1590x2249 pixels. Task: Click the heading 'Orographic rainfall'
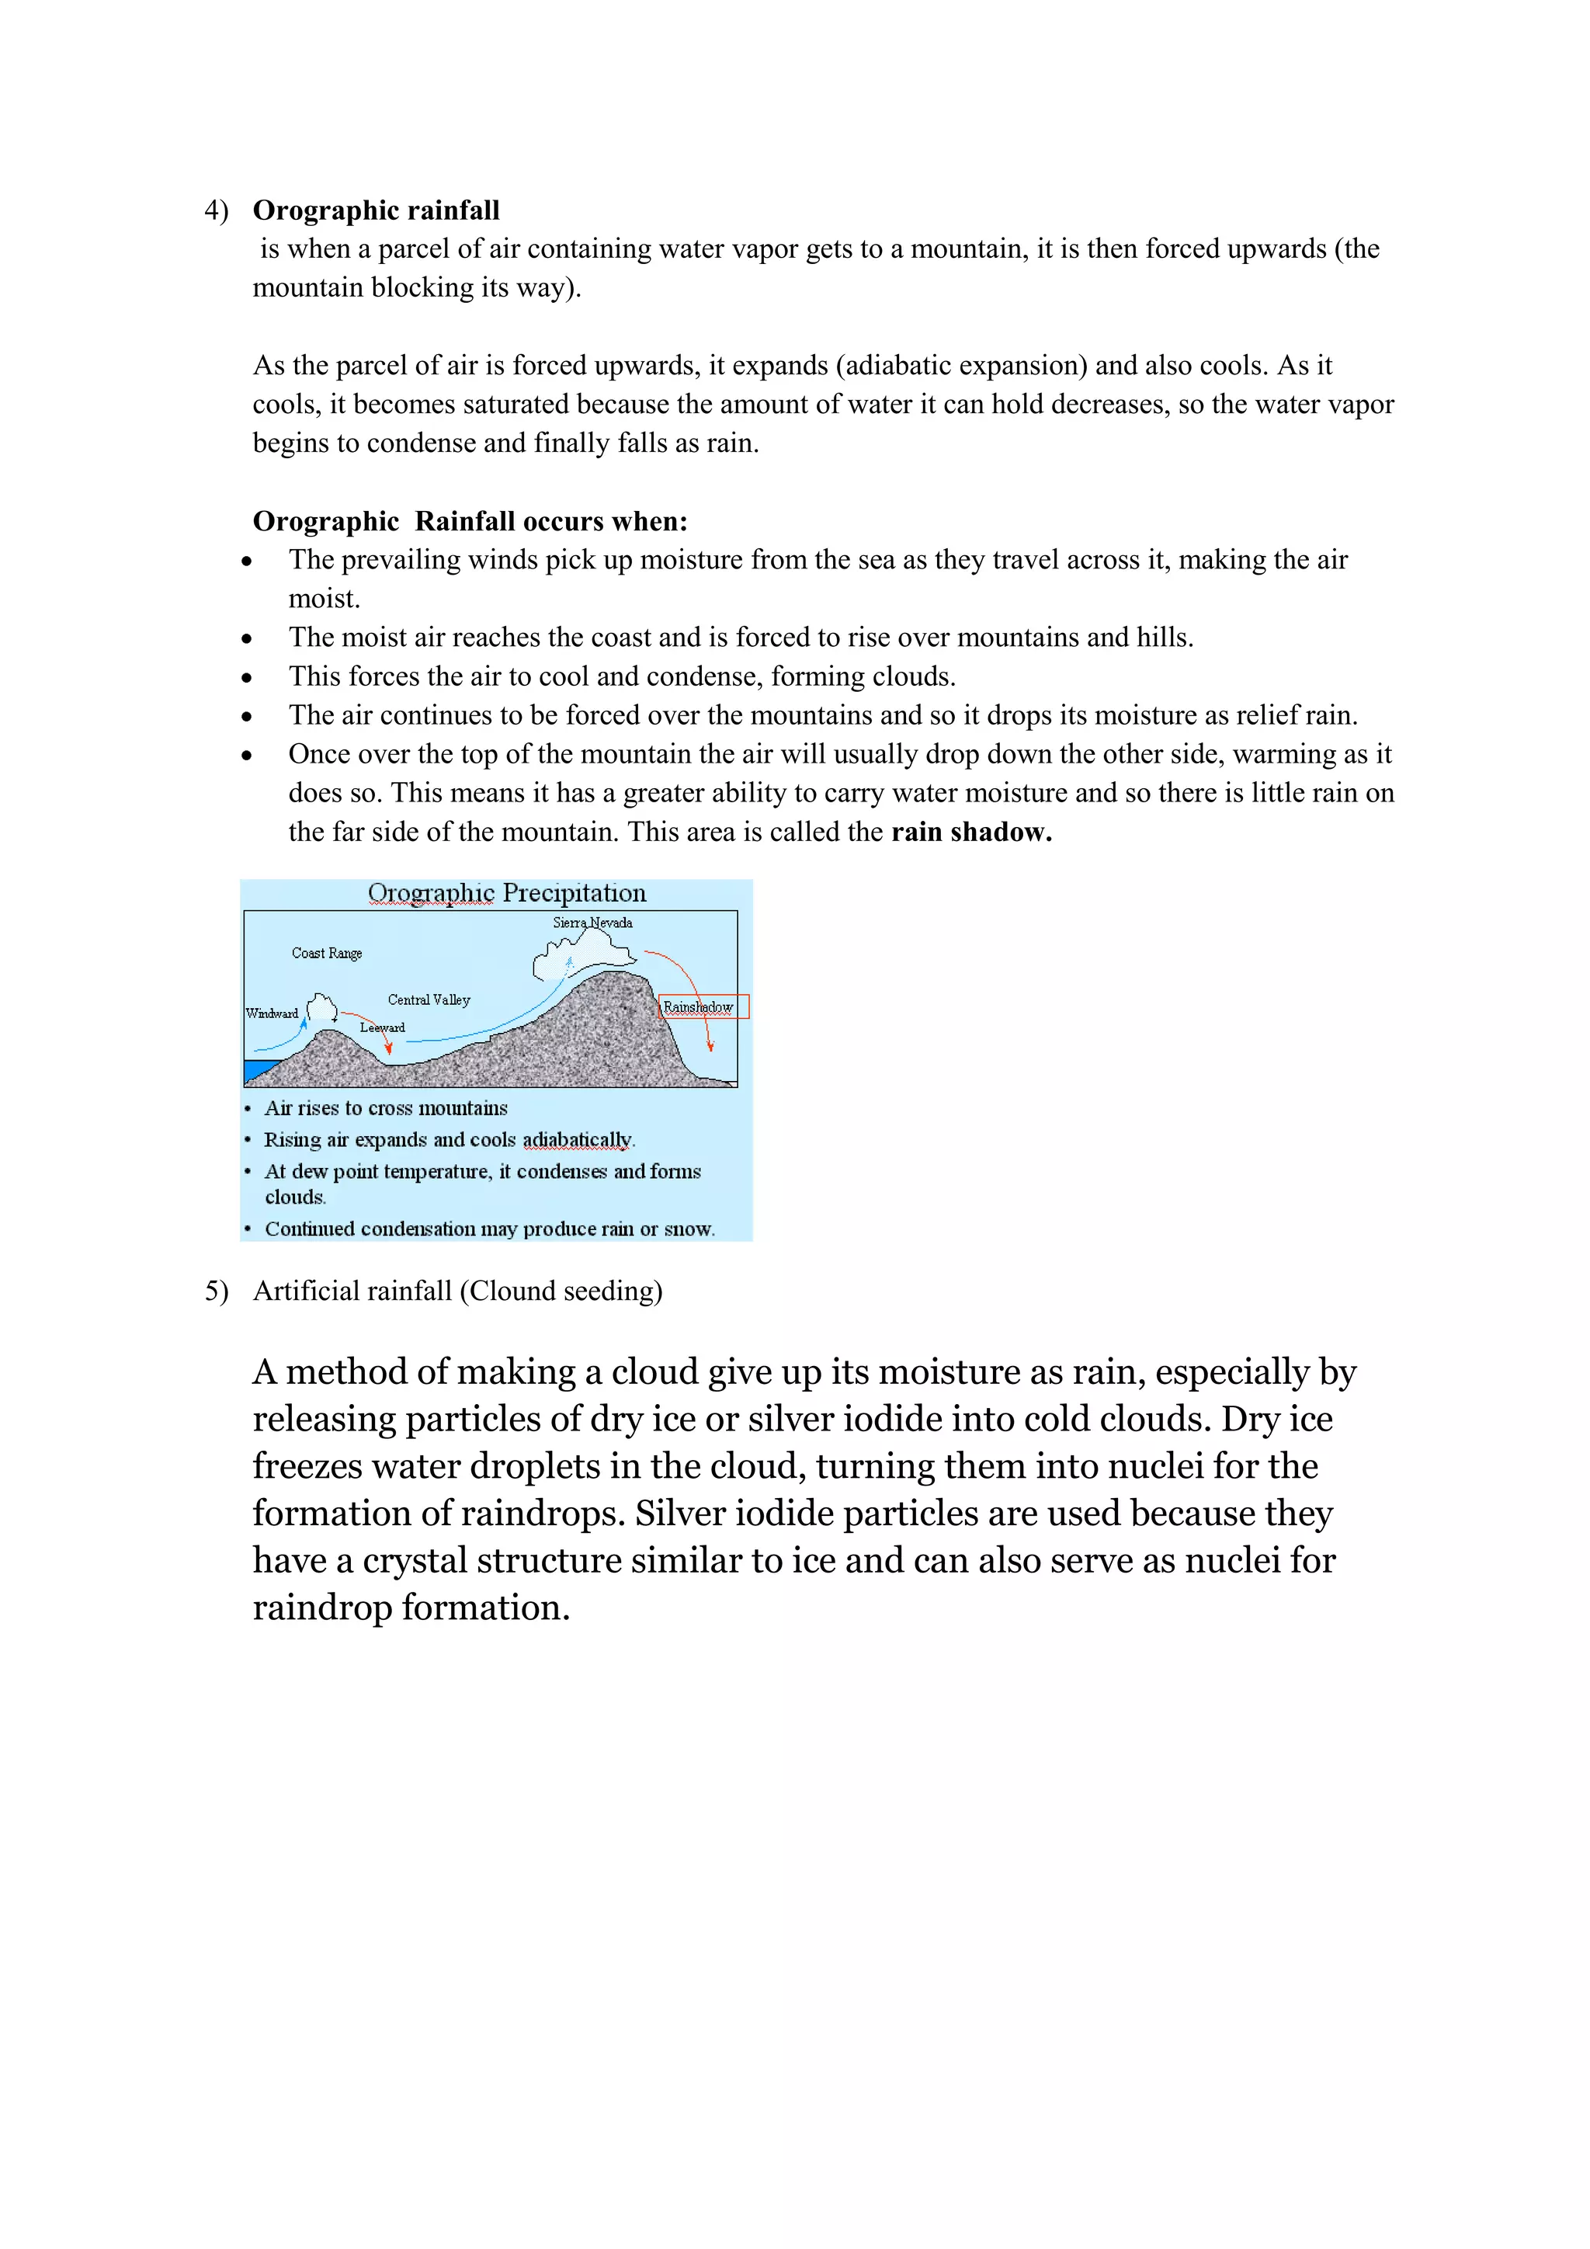pyautogui.click(x=376, y=210)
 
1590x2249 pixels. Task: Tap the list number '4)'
pyautogui.click(x=215, y=210)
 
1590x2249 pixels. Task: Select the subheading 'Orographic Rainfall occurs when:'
pyautogui.click(x=470, y=521)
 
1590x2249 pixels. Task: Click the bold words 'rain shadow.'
pyautogui.click(x=971, y=832)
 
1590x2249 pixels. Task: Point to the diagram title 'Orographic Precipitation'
pyautogui.click(x=506, y=893)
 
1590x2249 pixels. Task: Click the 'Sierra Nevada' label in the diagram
pyautogui.click(x=592, y=923)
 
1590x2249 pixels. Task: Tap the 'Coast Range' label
pyautogui.click(x=327, y=953)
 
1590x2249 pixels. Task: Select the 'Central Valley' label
pyautogui.click(x=429, y=1000)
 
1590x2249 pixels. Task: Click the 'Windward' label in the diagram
pyautogui.click(x=271, y=1013)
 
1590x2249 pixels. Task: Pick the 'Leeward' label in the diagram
pyautogui.click(x=382, y=1027)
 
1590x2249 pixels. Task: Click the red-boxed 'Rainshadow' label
pyautogui.click(x=699, y=1007)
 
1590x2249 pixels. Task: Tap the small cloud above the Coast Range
pyautogui.click(x=322, y=1008)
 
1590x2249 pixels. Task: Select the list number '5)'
pyautogui.click(x=215, y=1291)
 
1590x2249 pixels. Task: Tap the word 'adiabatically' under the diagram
pyautogui.click(x=577, y=1140)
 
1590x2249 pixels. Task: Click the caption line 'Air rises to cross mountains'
pyautogui.click(x=386, y=1109)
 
